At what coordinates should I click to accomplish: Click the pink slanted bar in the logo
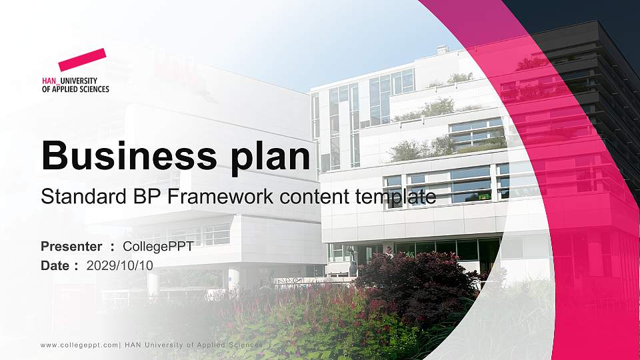pos(82,60)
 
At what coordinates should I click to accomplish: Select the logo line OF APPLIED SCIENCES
pos(75,89)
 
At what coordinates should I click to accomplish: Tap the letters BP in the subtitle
pos(126,197)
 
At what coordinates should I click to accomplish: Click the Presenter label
pos(71,247)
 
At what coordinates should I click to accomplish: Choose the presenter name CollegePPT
pos(159,247)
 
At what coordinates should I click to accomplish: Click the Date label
pos(55,265)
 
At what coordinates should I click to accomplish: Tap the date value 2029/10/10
pos(120,265)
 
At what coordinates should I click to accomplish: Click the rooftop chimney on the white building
pos(441,49)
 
